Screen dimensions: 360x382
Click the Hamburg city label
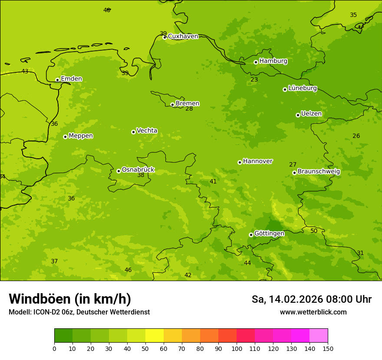(x=273, y=61)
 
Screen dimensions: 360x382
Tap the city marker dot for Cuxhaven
(x=165, y=37)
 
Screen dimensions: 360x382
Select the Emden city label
(x=71, y=79)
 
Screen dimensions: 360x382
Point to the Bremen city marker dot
(x=172, y=105)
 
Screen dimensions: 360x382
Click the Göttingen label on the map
(x=269, y=233)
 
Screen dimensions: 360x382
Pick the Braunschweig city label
(x=319, y=171)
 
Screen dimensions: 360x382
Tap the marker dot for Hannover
(x=240, y=162)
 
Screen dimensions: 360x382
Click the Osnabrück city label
(x=138, y=170)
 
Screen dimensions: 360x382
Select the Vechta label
(x=147, y=131)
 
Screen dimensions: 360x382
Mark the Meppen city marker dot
(x=65, y=137)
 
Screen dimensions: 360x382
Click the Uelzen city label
(x=311, y=114)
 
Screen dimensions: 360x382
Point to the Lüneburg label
(x=302, y=88)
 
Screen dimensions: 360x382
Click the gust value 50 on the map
(x=314, y=231)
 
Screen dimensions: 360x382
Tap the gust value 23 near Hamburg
(x=254, y=79)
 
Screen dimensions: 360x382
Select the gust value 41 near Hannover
(x=213, y=181)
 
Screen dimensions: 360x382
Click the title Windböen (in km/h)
(x=70, y=299)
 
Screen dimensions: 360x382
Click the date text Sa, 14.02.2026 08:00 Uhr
(x=311, y=299)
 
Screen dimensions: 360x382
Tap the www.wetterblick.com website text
(x=313, y=312)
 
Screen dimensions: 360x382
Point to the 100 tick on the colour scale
(x=237, y=348)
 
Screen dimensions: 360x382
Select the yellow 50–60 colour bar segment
(x=155, y=335)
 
